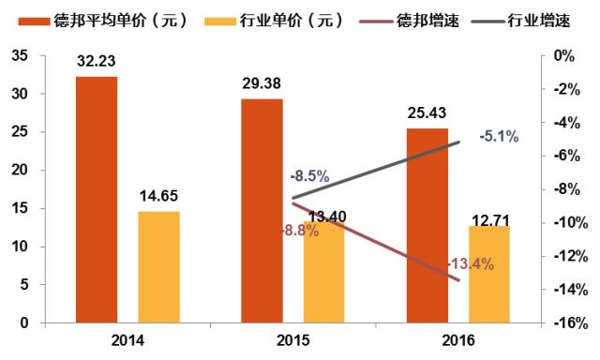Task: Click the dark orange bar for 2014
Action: (97, 200)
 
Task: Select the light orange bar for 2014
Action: (158, 267)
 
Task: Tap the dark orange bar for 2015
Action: (262, 211)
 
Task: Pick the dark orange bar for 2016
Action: (427, 226)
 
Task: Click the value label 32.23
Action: (97, 63)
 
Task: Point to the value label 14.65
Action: (158, 197)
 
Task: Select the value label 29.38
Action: (262, 83)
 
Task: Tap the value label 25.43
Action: (427, 114)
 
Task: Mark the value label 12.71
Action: (488, 212)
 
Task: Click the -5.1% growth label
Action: (499, 137)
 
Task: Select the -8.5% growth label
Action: (309, 175)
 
